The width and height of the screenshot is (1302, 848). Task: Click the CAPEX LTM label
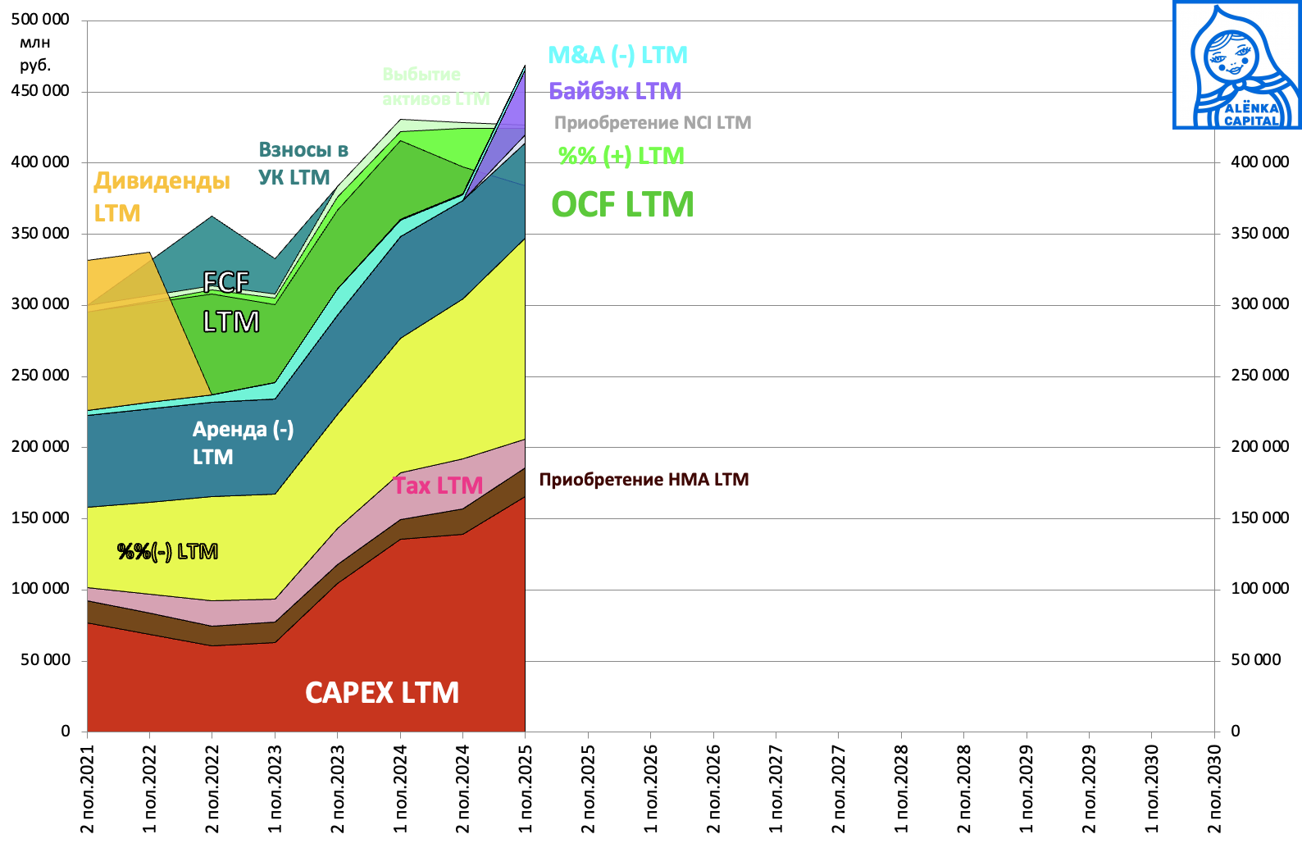(x=382, y=693)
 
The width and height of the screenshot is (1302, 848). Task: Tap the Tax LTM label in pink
(x=438, y=486)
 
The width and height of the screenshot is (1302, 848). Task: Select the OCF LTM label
(x=622, y=205)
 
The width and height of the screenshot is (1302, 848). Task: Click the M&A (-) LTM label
(x=617, y=55)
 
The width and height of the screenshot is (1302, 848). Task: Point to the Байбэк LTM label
(x=615, y=91)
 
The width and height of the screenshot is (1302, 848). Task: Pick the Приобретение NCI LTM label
(x=653, y=123)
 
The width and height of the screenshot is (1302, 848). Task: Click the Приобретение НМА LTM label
(x=644, y=480)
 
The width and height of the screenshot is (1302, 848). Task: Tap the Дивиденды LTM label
(x=162, y=197)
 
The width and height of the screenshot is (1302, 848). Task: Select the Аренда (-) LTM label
(x=243, y=443)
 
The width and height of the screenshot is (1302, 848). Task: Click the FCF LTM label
(x=230, y=302)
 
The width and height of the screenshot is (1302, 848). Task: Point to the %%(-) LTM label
(x=167, y=551)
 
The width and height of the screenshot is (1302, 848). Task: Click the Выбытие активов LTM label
(x=435, y=86)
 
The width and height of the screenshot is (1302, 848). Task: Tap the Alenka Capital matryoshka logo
(x=1236, y=65)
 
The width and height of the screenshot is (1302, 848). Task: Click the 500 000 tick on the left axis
(x=40, y=19)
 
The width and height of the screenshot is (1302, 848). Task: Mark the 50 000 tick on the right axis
(x=1255, y=660)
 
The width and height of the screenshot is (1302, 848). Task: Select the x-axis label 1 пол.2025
(x=526, y=788)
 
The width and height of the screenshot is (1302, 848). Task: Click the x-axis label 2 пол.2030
(x=1214, y=788)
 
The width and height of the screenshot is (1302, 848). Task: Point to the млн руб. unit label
(x=35, y=54)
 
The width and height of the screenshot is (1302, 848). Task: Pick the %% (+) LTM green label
(x=621, y=156)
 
